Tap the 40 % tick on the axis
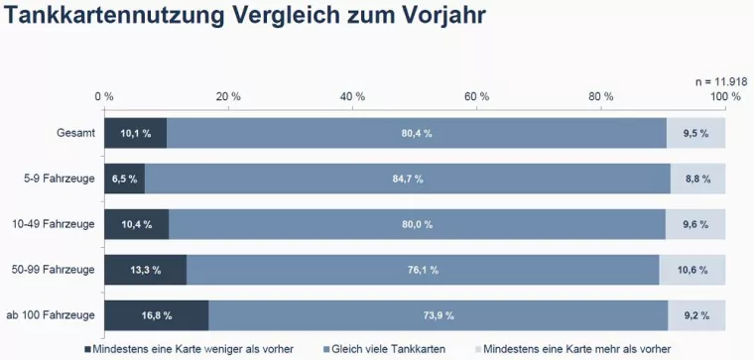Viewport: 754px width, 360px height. click(x=352, y=96)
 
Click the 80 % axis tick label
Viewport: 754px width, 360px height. click(x=601, y=96)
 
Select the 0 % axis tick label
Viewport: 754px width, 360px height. click(x=104, y=96)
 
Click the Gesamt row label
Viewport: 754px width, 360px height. click(x=76, y=133)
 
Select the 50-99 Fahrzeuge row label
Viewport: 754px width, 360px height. click(x=56, y=270)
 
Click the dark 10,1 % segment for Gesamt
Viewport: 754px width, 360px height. click(x=135, y=133)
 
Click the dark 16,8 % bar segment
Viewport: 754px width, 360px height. click(x=156, y=315)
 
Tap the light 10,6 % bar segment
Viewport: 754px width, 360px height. click(x=692, y=270)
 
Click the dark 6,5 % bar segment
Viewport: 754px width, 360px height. click(x=124, y=179)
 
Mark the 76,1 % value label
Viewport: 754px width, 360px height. click(x=422, y=270)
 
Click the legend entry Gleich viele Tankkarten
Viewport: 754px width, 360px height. click(x=387, y=349)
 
